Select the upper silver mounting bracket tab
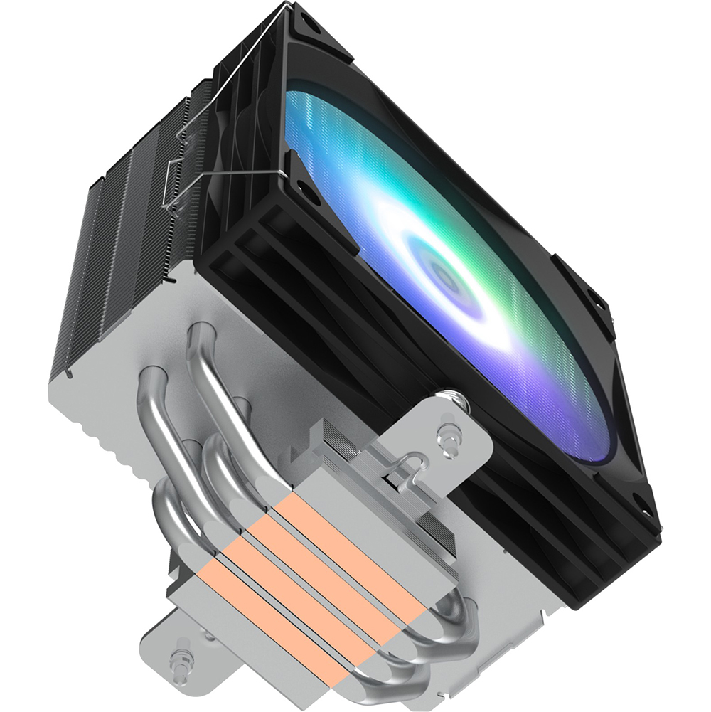(455, 434)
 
